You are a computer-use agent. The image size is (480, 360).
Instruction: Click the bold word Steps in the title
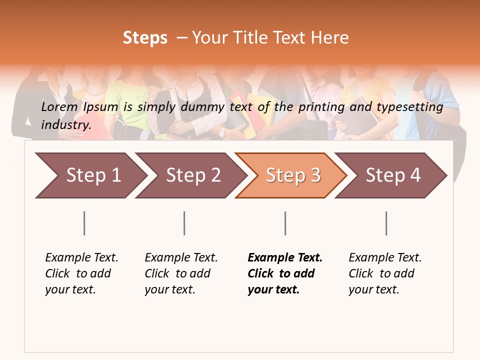tap(145, 38)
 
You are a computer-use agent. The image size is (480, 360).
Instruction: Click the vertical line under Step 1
tap(84, 223)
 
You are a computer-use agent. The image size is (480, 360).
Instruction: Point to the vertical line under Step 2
tap(184, 223)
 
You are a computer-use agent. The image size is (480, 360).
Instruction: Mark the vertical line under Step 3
tap(285, 223)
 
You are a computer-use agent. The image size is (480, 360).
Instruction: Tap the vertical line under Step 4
tap(386, 223)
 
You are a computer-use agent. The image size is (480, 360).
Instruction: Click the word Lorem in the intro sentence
tap(59, 106)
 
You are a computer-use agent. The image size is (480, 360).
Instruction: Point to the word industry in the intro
tap(66, 124)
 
